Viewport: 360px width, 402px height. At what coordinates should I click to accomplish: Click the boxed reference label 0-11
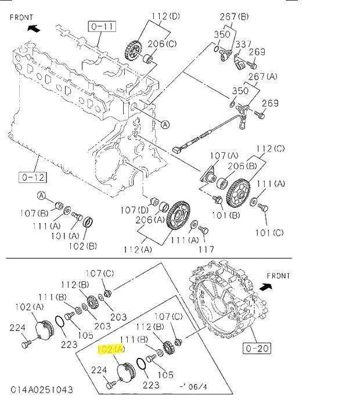point(102,26)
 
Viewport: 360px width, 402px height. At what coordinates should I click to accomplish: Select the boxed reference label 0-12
point(33,177)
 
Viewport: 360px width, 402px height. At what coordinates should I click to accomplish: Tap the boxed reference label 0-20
point(257,349)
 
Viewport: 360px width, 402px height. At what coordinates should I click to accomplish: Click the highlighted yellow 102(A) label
point(111,349)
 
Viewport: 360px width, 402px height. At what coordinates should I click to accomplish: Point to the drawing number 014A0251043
point(42,390)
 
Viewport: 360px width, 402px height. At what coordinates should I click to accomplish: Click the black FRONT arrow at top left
point(34,28)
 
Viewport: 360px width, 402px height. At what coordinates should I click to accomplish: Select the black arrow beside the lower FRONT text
point(265,287)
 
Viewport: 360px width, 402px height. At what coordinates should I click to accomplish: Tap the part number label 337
point(243,44)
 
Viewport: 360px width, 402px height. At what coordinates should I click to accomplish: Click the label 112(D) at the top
point(166,16)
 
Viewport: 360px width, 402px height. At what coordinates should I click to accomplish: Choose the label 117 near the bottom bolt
point(207,249)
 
